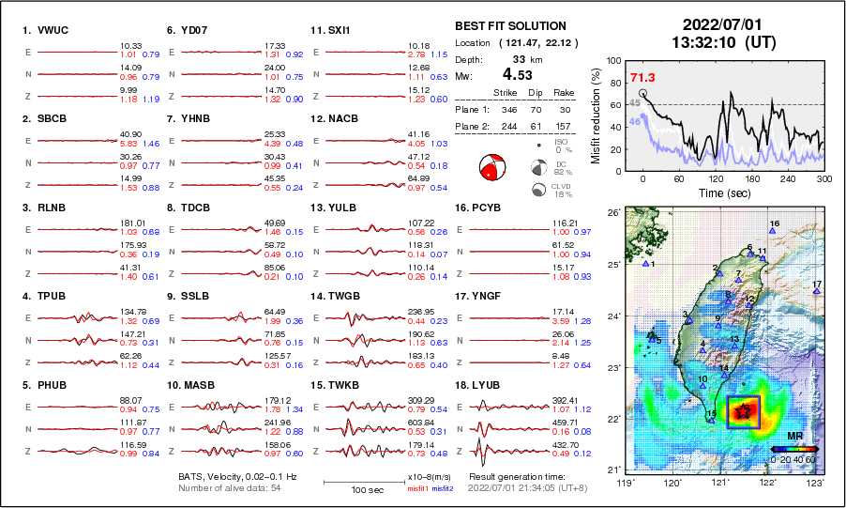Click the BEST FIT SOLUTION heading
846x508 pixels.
click(510, 26)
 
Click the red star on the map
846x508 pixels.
click(744, 410)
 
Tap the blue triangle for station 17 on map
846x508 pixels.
click(817, 292)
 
